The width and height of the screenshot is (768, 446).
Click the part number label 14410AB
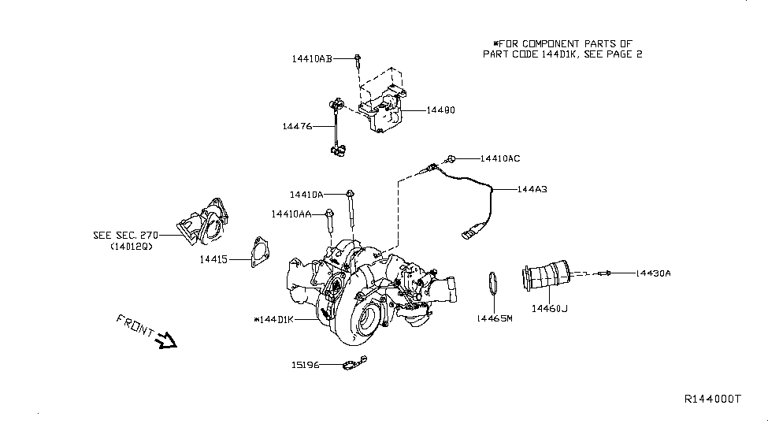312,58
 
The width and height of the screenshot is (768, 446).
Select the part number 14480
440,110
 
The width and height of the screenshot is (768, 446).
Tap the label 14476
297,126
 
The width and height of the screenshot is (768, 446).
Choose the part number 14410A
306,194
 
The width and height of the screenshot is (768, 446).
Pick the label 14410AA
291,214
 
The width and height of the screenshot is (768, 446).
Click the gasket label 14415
213,258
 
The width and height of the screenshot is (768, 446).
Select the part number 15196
304,365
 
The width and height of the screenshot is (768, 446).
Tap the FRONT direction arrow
167,340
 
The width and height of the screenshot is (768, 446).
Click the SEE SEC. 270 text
126,235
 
